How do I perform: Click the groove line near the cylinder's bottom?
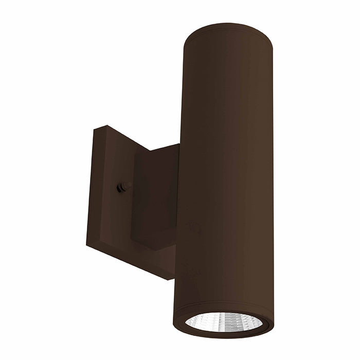pos(226,307)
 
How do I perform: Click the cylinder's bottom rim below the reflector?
pos(224,339)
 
